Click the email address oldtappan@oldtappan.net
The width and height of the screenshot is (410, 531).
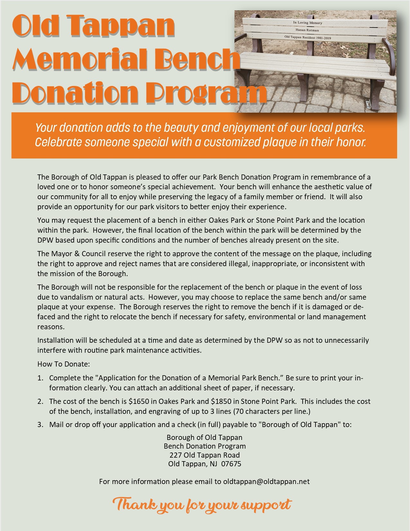click(x=266, y=481)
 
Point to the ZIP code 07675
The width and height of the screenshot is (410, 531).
click(x=231, y=464)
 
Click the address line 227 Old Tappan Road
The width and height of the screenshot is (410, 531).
click(x=205, y=455)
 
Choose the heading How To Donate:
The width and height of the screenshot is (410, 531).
click(x=64, y=364)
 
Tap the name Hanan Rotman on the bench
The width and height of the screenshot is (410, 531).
click(x=307, y=30)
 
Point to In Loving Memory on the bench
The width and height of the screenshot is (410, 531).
click(x=307, y=23)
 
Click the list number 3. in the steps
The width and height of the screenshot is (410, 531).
click(x=40, y=424)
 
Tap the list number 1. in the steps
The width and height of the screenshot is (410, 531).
click(x=40, y=378)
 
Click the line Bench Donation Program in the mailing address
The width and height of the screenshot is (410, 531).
click(x=205, y=446)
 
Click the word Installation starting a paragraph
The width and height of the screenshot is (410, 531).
click(x=55, y=340)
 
